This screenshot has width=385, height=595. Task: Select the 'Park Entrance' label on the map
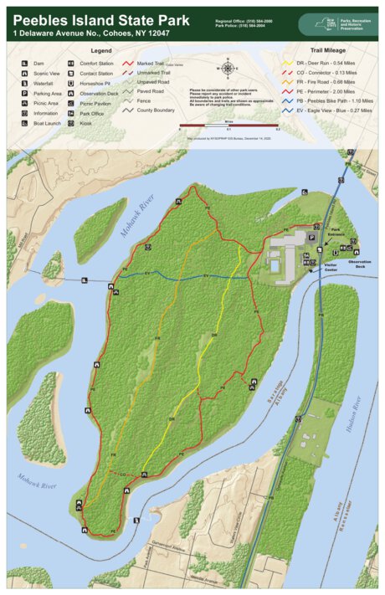pos(337,231)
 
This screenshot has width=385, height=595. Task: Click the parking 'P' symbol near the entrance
pos(310,238)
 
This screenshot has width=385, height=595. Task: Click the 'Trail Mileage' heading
pos(329,49)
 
